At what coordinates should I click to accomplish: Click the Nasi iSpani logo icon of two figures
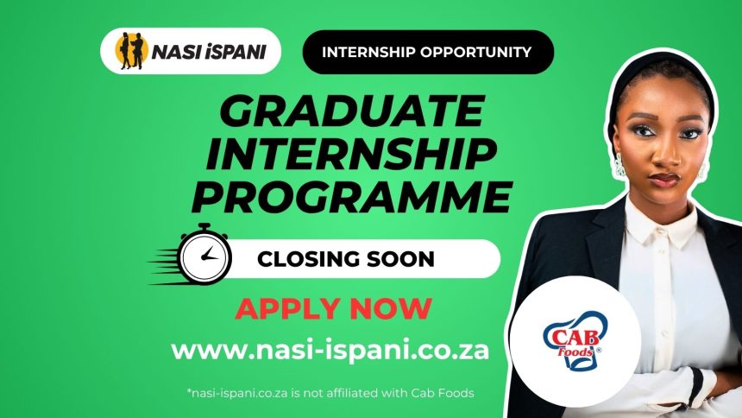click(131, 53)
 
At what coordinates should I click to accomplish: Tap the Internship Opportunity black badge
click(426, 52)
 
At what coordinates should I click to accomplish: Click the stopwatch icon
click(204, 254)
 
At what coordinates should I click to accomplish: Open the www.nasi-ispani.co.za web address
click(330, 350)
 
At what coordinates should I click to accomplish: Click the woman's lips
click(664, 179)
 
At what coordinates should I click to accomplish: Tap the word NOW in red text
click(393, 307)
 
